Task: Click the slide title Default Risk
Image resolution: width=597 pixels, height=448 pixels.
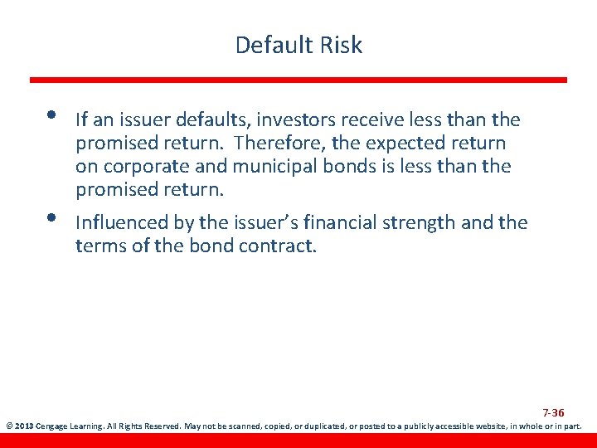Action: pyautogui.click(x=298, y=45)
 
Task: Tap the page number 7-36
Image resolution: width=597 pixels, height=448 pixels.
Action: pyautogui.click(x=553, y=412)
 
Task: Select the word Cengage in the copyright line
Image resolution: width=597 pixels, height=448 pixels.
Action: pyautogui.click(x=52, y=426)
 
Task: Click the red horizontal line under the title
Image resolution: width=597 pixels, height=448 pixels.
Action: pyautogui.click(x=298, y=80)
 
